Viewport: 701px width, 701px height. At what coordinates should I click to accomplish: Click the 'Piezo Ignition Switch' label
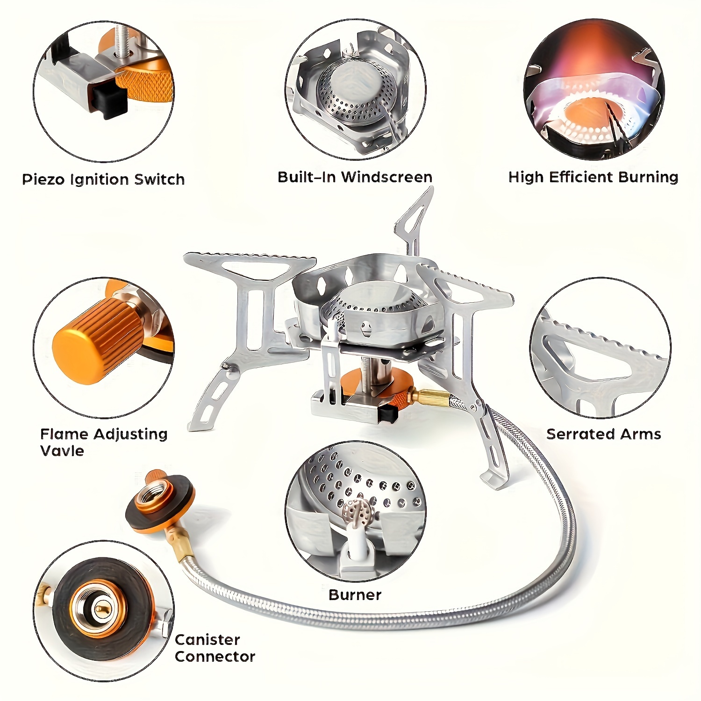(x=103, y=179)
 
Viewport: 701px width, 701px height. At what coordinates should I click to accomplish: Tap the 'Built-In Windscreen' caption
(x=355, y=177)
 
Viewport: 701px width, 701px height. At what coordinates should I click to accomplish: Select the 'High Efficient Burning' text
(x=593, y=177)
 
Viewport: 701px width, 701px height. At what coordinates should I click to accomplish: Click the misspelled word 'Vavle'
(x=62, y=451)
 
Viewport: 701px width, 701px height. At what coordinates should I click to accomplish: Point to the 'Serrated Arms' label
(x=603, y=434)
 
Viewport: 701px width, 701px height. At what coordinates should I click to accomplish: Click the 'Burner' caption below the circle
(x=355, y=595)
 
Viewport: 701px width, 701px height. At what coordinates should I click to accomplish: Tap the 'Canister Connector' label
(x=215, y=648)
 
